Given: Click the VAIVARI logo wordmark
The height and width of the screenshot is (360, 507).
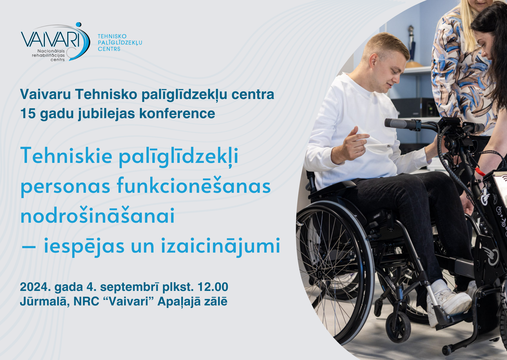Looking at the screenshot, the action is pos(50,40).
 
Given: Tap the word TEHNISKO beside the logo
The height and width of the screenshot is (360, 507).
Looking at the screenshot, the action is pos(112,36).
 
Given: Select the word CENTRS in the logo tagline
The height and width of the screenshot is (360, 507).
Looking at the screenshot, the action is pos(109,49).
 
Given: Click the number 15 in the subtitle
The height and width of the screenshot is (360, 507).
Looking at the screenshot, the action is pos(28,114).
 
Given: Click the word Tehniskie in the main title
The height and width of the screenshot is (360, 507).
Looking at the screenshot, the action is pos(66,155).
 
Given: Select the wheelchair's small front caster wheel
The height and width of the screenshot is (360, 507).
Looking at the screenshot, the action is pos(399,327).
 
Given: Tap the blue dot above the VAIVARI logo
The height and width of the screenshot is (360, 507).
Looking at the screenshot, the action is pos(78,25).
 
